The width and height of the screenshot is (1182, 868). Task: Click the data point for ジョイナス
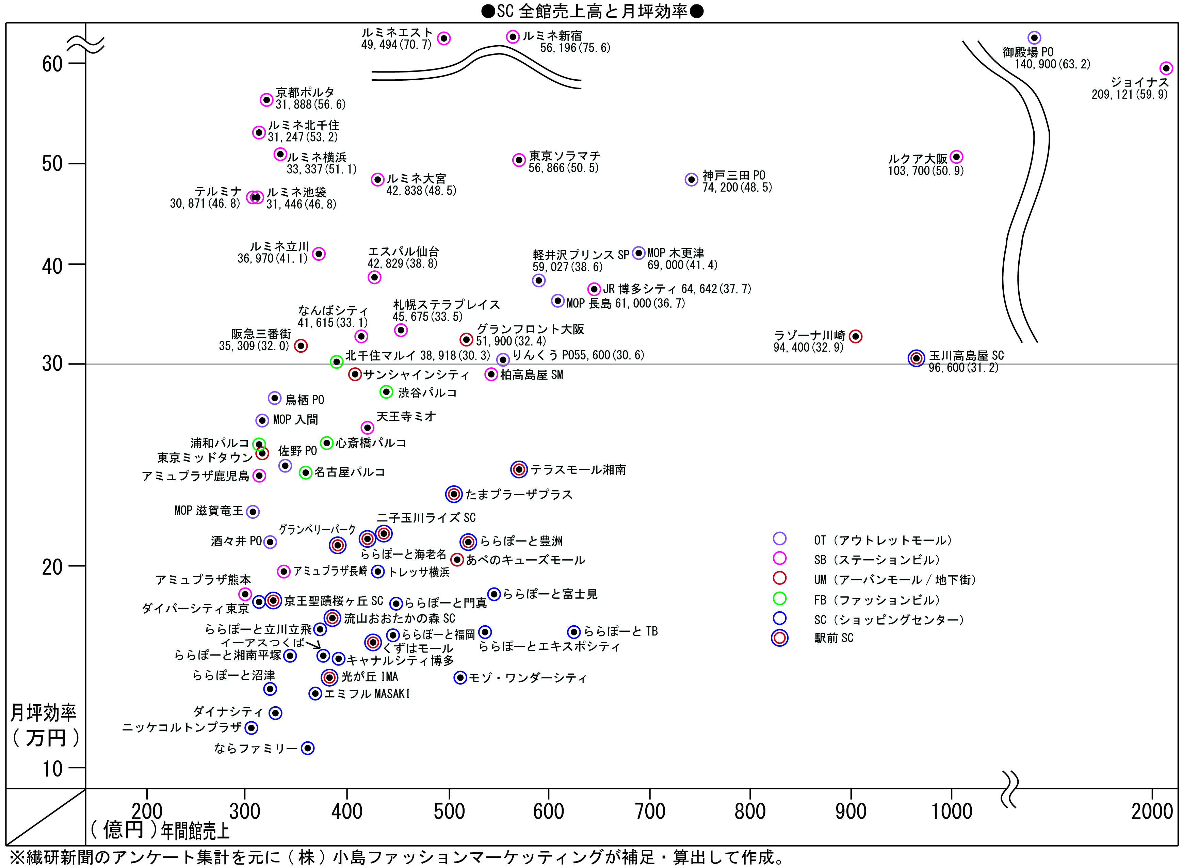pyautogui.click(x=1166, y=68)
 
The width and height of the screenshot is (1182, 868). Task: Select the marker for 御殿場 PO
pyautogui.click(x=1034, y=38)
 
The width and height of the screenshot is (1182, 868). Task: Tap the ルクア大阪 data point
pyautogui.click(x=956, y=157)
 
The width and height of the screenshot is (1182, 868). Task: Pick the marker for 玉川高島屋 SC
pyautogui.click(x=916, y=358)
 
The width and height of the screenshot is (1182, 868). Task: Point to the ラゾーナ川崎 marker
pyautogui.click(x=855, y=336)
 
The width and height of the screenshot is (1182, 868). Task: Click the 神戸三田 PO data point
pyautogui.click(x=691, y=180)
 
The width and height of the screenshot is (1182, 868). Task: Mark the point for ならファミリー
pyautogui.click(x=308, y=748)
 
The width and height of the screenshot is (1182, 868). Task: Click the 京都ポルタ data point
pyautogui.click(x=266, y=100)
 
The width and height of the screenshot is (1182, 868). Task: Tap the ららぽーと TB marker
pyautogui.click(x=574, y=632)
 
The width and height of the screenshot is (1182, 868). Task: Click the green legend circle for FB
pyautogui.click(x=780, y=598)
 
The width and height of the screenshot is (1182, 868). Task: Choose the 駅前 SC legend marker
pyautogui.click(x=780, y=638)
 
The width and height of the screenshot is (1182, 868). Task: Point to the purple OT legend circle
pyautogui.click(x=780, y=539)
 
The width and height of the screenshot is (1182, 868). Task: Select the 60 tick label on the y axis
pyautogui.click(x=52, y=64)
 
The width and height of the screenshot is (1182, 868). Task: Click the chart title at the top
pyautogui.click(x=592, y=11)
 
